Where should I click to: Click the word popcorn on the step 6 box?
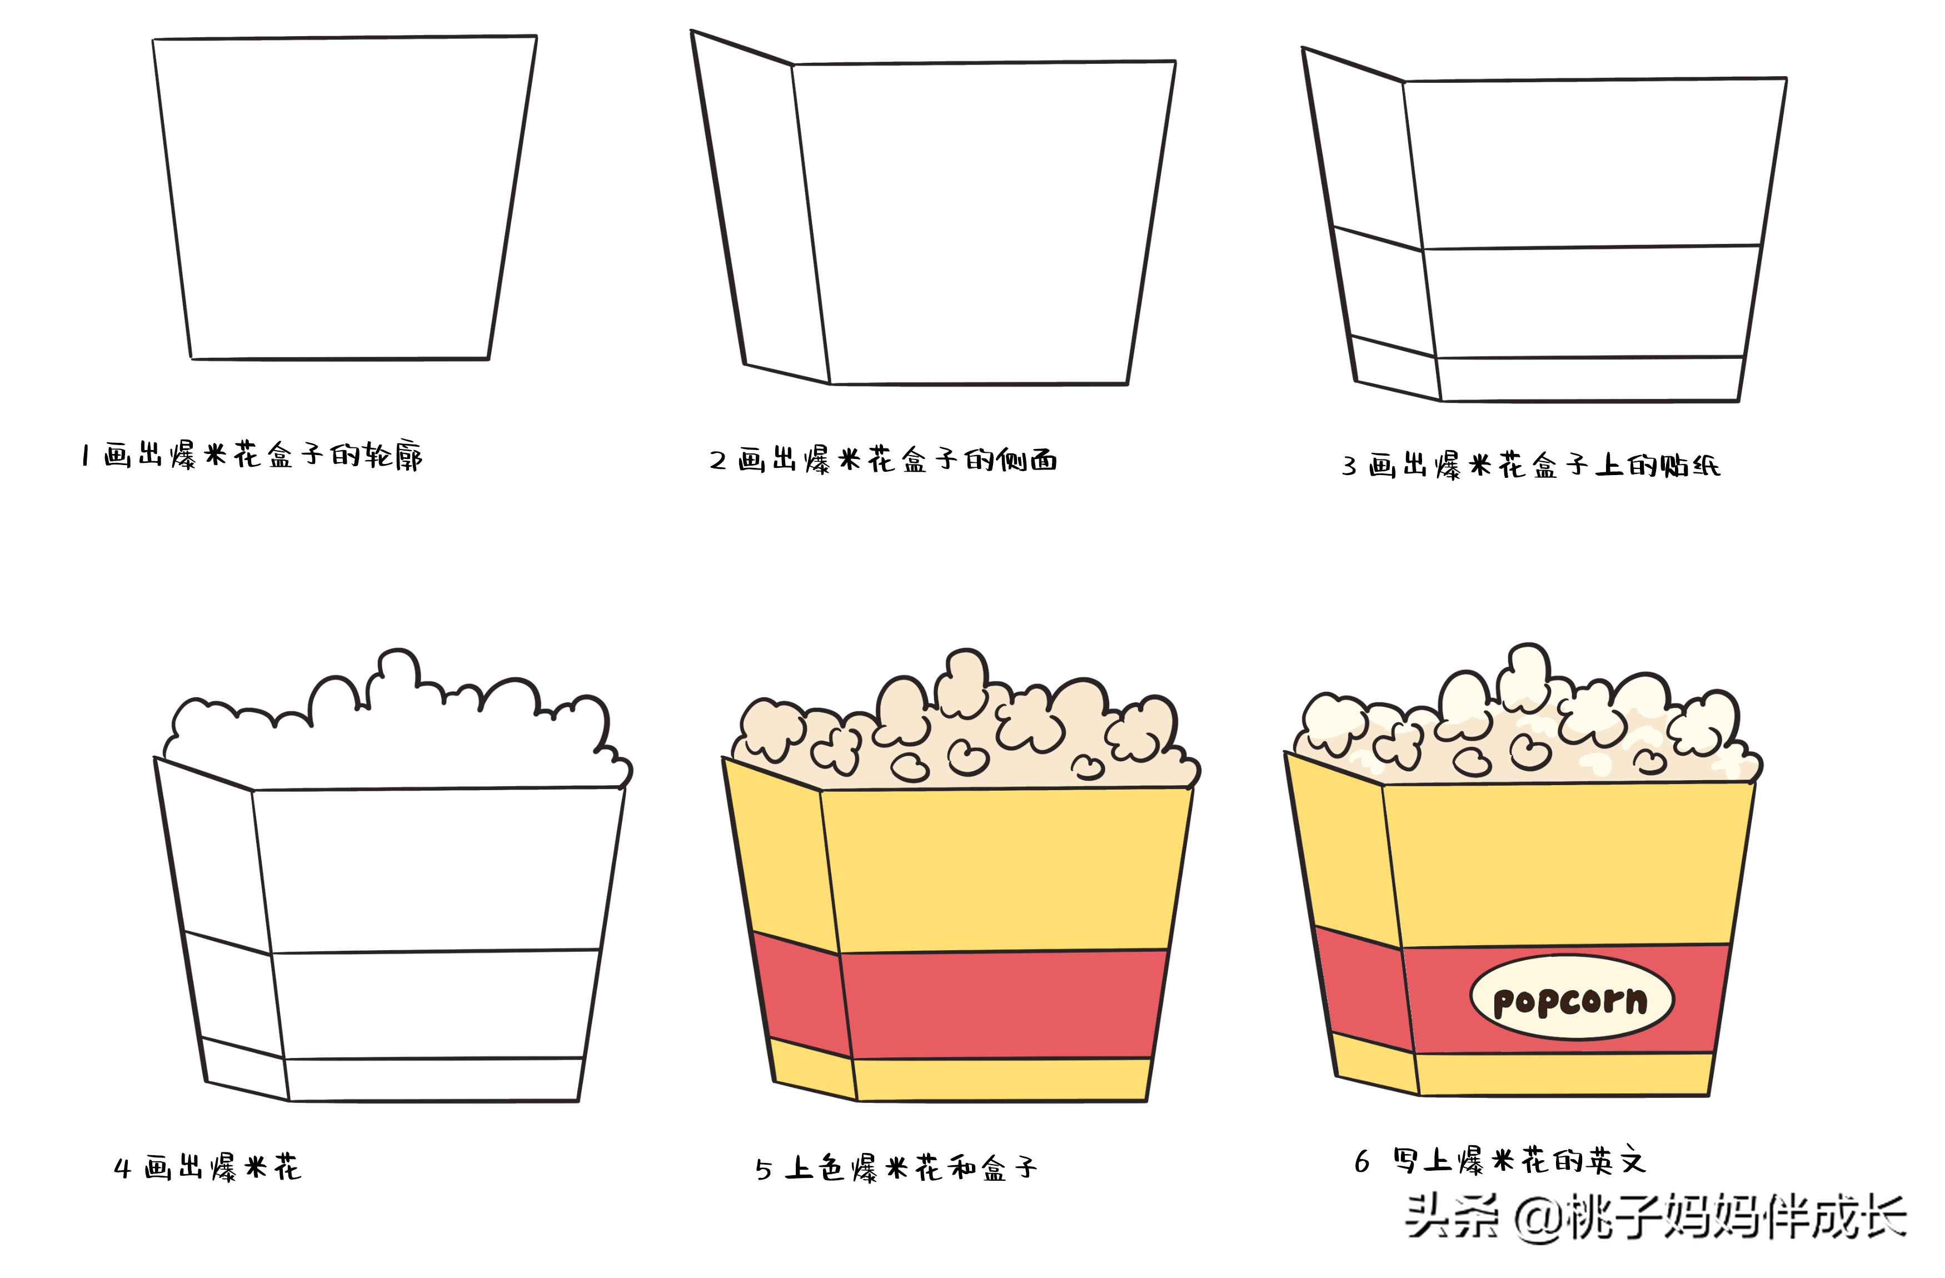[x=1570, y=1000]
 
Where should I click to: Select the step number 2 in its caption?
[x=717, y=461]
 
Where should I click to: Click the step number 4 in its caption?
[x=123, y=1167]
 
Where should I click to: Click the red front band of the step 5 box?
[x=1004, y=1004]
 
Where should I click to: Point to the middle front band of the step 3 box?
[x=1589, y=302]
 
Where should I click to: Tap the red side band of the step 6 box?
[x=1363, y=989]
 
